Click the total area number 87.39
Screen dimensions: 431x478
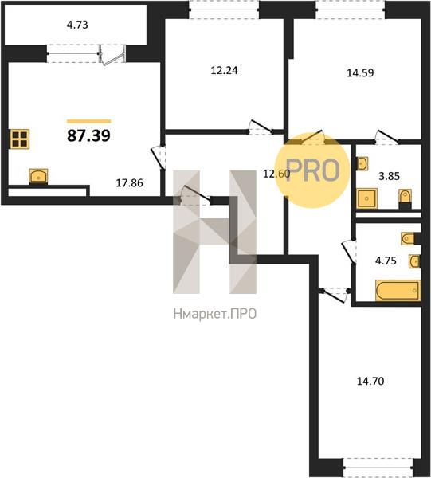click(x=88, y=135)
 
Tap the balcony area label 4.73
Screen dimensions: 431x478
click(x=77, y=25)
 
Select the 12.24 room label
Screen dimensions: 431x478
click(x=225, y=70)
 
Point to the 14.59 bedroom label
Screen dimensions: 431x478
click(x=360, y=73)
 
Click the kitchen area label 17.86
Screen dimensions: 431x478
click(x=130, y=183)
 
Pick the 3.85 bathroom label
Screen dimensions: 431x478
click(x=390, y=176)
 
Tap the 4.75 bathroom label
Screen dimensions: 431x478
click(x=386, y=261)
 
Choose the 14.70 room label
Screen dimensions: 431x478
click(x=370, y=381)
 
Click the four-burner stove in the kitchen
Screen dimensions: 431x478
click(x=20, y=139)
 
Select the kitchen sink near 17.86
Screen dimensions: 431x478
click(x=38, y=176)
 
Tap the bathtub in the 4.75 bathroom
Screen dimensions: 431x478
click(x=398, y=291)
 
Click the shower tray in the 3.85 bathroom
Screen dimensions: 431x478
click(x=367, y=198)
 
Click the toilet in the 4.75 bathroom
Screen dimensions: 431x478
click(x=409, y=239)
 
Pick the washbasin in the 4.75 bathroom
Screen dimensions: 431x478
click(x=414, y=261)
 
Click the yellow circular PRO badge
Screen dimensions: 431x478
click(x=312, y=170)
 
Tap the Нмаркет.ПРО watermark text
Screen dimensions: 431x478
click(x=215, y=314)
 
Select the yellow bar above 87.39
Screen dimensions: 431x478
click(x=88, y=121)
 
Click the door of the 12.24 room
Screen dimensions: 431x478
click(x=260, y=127)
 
